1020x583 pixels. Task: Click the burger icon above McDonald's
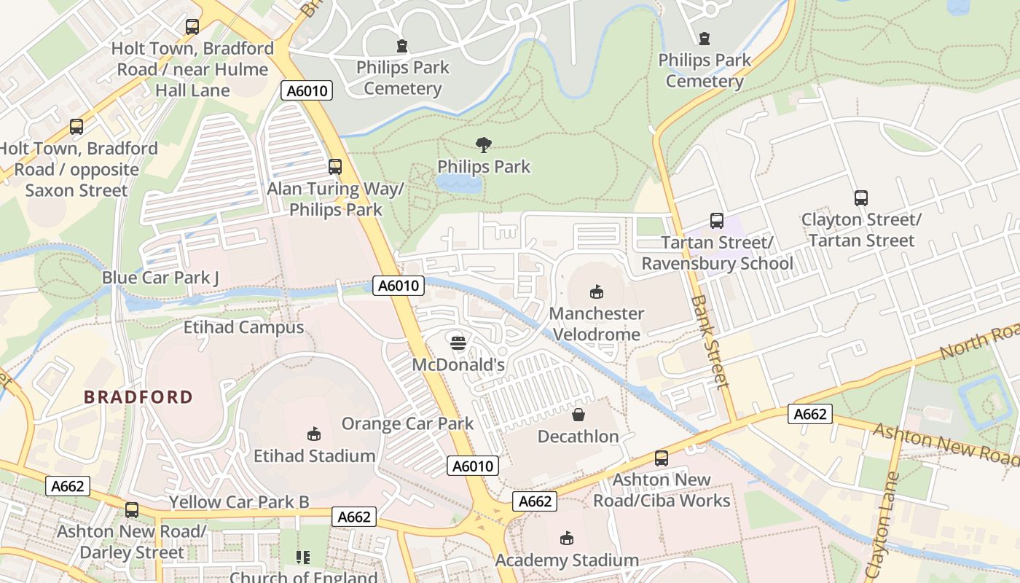coord(458,343)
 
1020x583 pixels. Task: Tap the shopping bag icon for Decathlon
coord(578,415)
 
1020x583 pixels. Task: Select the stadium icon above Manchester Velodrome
coord(596,291)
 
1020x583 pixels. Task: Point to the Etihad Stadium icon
coord(314,434)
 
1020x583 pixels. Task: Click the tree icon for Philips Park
coord(482,144)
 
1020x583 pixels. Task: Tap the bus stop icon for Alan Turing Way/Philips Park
coord(334,166)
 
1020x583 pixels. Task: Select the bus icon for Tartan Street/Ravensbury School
coord(716,220)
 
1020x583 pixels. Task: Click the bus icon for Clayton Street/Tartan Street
coord(860,197)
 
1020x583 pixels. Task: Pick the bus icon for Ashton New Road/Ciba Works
coord(661,458)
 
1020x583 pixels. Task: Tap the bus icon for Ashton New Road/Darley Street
coord(131,509)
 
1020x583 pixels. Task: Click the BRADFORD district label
coord(138,397)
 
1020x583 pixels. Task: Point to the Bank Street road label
coord(710,340)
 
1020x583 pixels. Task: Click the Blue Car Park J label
coord(160,278)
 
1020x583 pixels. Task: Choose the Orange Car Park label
coord(407,423)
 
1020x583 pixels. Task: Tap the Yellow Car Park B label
coord(239,502)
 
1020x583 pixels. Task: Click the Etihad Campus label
coord(243,327)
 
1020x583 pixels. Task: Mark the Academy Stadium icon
coord(566,539)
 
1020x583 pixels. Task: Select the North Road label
coord(980,343)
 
